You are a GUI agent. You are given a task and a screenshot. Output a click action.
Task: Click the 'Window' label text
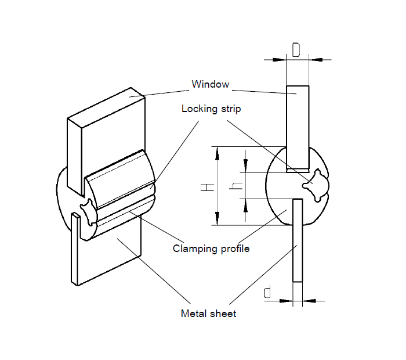click(x=210, y=84)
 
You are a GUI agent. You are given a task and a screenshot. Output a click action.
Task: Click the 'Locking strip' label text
click(x=211, y=109)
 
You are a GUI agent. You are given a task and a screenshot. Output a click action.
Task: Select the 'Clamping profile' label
click(x=211, y=249)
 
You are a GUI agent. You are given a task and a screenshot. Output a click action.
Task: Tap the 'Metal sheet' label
click(x=209, y=314)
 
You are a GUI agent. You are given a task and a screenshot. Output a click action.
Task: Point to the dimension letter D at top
click(x=296, y=51)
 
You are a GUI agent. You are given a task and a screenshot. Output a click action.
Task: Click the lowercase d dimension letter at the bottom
click(x=267, y=293)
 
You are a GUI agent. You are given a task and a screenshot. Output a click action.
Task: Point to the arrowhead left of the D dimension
click(x=282, y=59)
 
